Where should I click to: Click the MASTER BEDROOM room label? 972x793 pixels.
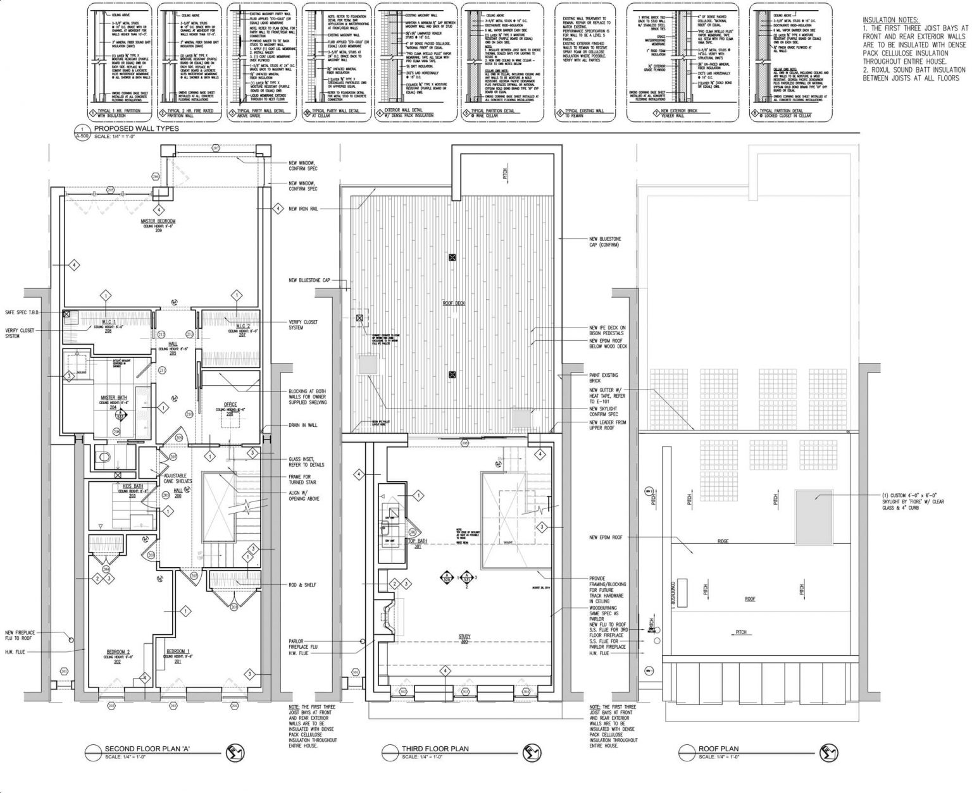tap(157, 221)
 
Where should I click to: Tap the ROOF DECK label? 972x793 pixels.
tap(454, 304)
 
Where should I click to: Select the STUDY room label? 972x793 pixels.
tap(465, 637)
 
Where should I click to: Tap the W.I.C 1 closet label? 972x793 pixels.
tap(107, 322)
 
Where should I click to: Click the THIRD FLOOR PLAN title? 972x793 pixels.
tap(435, 749)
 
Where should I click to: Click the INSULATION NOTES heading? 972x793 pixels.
tap(889, 20)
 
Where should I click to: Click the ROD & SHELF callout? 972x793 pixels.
tap(301, 584)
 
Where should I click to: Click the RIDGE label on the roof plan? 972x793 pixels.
tap(723, 541)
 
